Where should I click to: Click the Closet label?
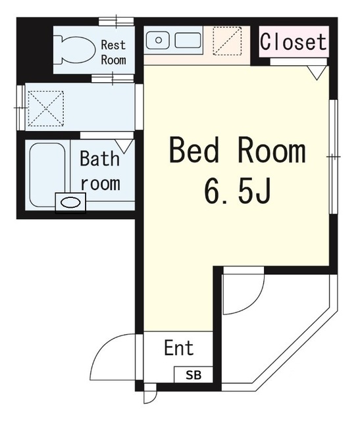click(294, 42)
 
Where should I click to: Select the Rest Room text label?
click(113, 52)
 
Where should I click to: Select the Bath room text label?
click(100, 170)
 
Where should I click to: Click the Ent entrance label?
click(179, 348)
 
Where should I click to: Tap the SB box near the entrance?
click(193, 376)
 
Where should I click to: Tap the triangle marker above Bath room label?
click(124, 144)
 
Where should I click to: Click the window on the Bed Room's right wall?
click(334, 157)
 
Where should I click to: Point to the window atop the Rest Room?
click(116, 21)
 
